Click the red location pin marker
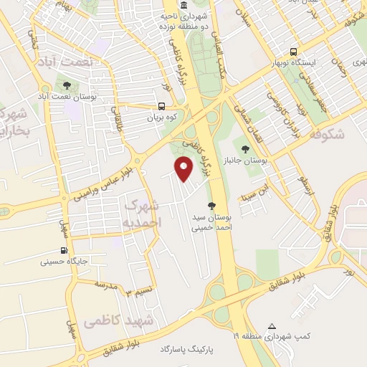pyautogui.click(x=184, y=169)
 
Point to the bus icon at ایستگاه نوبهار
pyautogui.click(x=292, y=52)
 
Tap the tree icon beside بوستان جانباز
pyautogui.click(x=245, y=149)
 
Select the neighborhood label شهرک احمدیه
pyautogui.click(x=143, y=214)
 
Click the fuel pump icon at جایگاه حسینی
pyautogui.click(x=65, y=251)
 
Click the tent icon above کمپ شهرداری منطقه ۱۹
pyautogui.click(x=271, y=325)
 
